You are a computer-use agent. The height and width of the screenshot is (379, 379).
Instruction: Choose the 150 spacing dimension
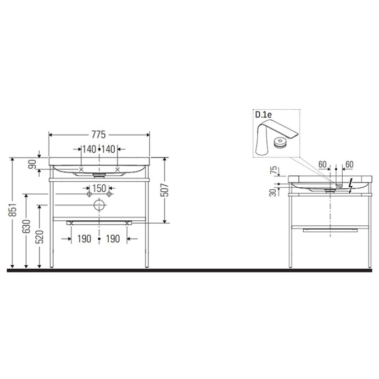pos(99,188)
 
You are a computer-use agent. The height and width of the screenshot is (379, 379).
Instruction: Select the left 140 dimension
pos(89,149)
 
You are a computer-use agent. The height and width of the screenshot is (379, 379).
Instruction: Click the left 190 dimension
pos(83,239)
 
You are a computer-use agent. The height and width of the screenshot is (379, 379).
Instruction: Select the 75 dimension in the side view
pos(273,171)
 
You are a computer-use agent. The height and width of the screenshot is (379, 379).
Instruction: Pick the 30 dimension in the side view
pos(273,192)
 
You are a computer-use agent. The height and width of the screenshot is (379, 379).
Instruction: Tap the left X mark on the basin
pos(82,169)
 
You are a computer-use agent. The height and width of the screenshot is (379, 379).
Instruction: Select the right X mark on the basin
pos(117,169)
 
